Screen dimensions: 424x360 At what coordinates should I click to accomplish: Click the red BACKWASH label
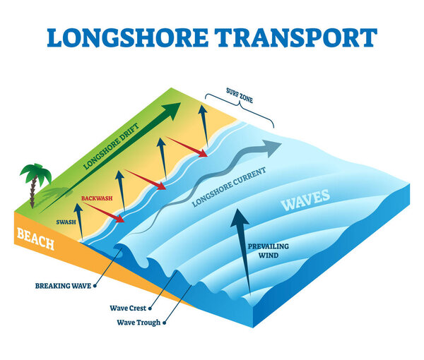[96, 199]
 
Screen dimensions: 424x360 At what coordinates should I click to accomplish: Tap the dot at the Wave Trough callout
[165, 323]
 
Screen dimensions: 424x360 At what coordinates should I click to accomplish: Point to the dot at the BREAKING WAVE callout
[96, 286]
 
